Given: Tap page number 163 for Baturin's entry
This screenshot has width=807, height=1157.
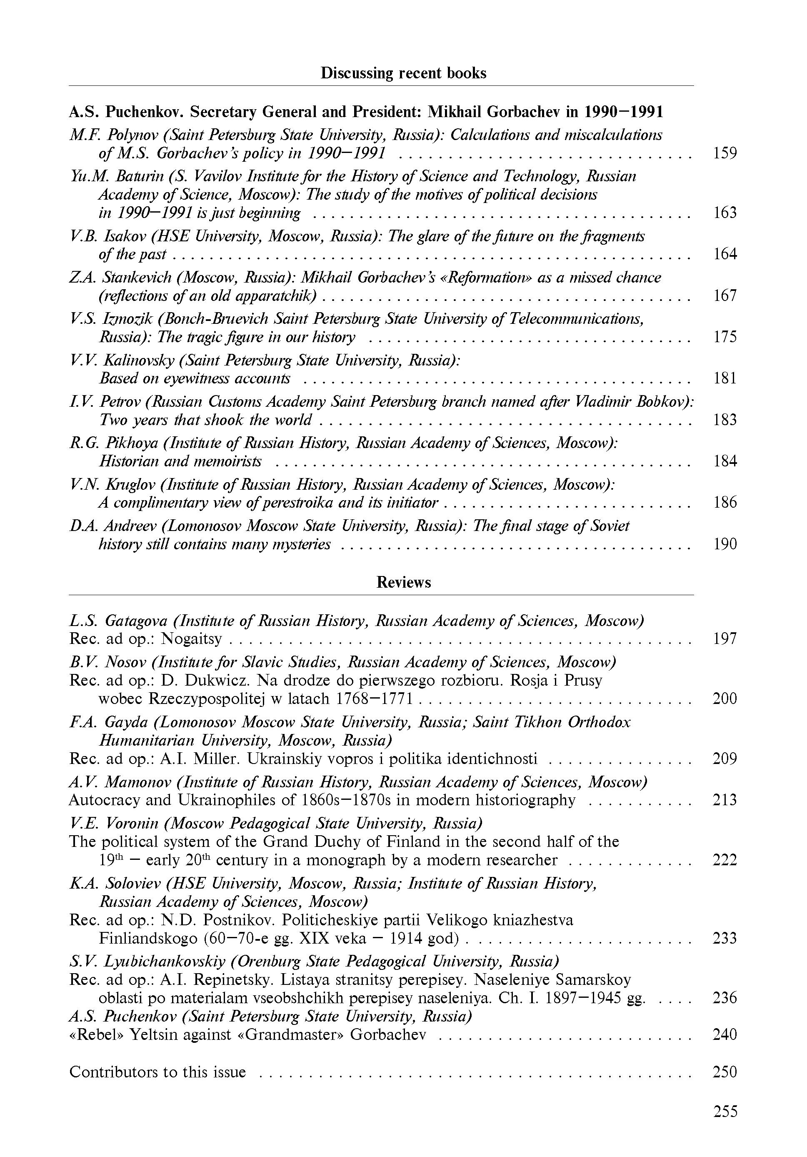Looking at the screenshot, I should pos(725,212).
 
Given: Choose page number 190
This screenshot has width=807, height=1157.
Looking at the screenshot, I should pos(725,544).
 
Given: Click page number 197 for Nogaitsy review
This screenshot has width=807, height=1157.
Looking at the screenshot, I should pos(725,639).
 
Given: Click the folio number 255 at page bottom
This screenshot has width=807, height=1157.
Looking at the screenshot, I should pos(725,1111).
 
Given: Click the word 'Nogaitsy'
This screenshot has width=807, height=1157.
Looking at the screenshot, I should pos(191,639).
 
